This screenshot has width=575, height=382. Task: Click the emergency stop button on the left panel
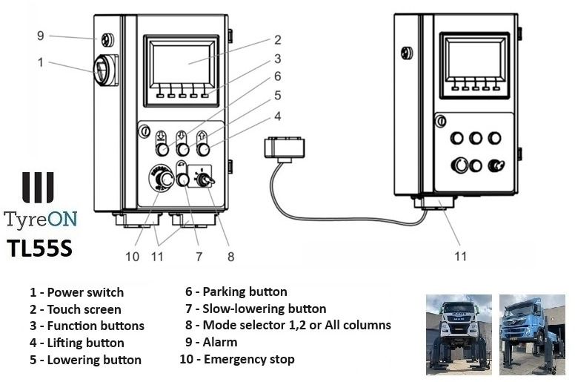pos(162,178)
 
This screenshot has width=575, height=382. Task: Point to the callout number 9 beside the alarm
pos(41,36)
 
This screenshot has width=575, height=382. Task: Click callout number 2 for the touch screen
pos(278,39)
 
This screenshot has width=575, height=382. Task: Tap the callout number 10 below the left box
pos(133,257)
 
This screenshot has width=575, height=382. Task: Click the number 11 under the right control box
pos(461,256)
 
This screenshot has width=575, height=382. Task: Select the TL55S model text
pos(39,248)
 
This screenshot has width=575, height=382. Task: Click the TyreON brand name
pos(41,220)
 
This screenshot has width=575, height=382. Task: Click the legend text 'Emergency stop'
pos(249,359)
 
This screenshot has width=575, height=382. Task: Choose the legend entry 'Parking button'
pos(245,292)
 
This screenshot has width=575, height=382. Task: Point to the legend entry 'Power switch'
pos(85,292)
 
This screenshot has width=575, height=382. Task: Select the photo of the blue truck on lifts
pos(533,335)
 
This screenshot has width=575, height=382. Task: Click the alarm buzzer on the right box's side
pos(407,53)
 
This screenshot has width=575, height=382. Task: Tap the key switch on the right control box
pos(496,165)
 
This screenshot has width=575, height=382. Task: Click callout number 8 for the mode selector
pos(230,257)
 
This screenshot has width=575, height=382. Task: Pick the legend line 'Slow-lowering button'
pos(265,309)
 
